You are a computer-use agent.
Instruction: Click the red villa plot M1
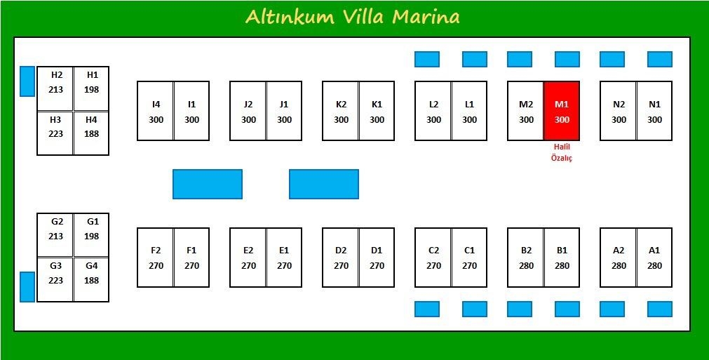(x=562, y=111)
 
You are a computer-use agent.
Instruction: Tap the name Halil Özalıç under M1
(x=562, y=152)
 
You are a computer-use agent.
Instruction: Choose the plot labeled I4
(x=156, y=111)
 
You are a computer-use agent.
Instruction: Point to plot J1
(x=284, y=111)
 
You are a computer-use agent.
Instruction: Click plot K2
(x=341, y=111)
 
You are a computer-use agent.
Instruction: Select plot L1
(x=469, y=111)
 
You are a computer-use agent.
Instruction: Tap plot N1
(x=654, y=111)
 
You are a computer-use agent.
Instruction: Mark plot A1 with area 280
(x=654, y=258)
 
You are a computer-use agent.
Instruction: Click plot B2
(x=526, y=258)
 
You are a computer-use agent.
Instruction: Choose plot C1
(x=469, y=258)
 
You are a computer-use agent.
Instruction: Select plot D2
(x=341, y=258)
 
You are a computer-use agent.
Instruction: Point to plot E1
(x=284, y=258)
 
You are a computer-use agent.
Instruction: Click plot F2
(x=156, y=258)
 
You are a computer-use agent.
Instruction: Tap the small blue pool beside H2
(x=27, y=81)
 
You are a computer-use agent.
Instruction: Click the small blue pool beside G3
(x=27, y=286)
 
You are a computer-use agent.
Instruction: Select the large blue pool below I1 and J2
(x=208, y=184)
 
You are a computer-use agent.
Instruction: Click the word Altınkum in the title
(x=290, y=17)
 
